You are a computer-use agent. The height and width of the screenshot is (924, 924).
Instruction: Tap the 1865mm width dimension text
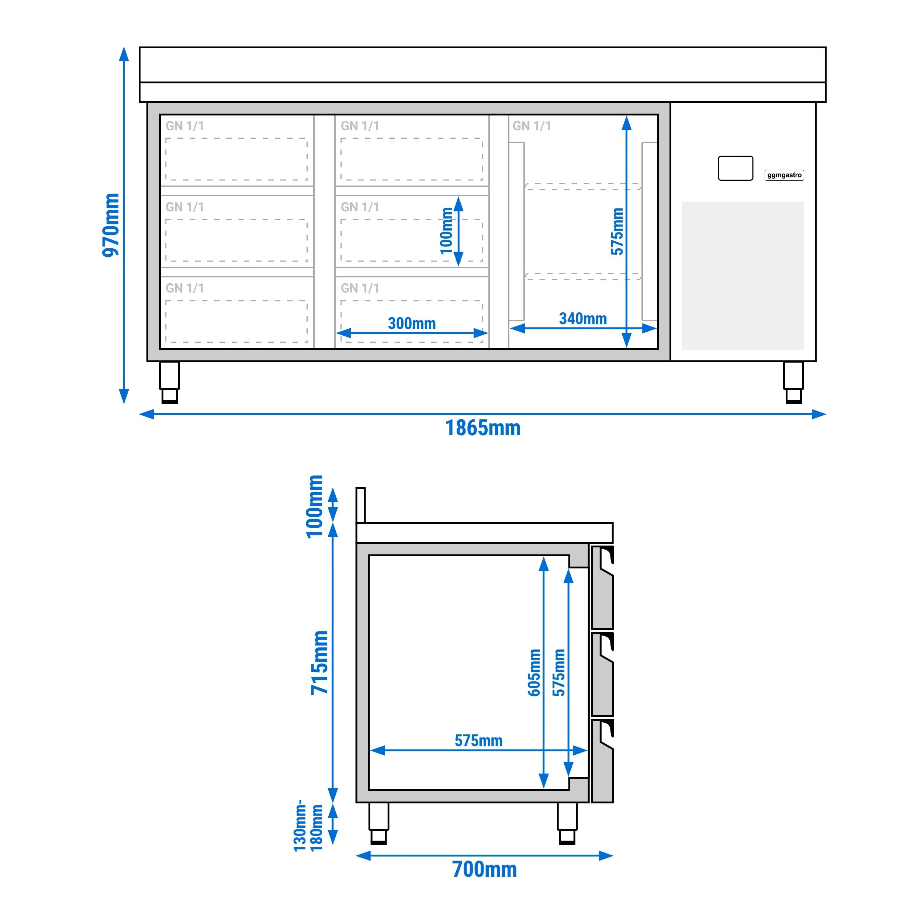click(x=483, y=428)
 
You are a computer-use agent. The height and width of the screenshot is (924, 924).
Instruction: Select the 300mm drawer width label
click(x=412, y=323)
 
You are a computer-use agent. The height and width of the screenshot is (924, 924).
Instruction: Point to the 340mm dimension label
click(x=583, y=319)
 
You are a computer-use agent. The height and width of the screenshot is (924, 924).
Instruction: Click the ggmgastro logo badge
click(x=784, y=175)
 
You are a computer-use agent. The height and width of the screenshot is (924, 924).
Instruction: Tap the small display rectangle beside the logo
click(x=736, y=168)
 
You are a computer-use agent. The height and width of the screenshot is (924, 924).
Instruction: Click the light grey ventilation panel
click(x=743, y=276)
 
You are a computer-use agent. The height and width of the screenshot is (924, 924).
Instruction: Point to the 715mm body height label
click(x=319, y=662)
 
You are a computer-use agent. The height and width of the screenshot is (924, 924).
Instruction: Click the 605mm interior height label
click(x=534, y=672)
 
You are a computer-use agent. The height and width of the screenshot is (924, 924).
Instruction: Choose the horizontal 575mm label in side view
click(x=478, y=741)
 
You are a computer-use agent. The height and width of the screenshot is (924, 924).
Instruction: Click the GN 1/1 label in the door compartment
click(x=532, y=126)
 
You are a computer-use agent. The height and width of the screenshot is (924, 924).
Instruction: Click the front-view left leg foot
click(x=169, y=397)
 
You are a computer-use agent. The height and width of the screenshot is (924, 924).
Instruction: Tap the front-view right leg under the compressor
click(x=793, y=383)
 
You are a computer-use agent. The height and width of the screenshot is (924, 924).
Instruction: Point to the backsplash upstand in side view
click(x=361, y=505)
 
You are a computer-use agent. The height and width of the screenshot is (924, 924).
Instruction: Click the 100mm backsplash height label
click(x=315, y=506)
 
